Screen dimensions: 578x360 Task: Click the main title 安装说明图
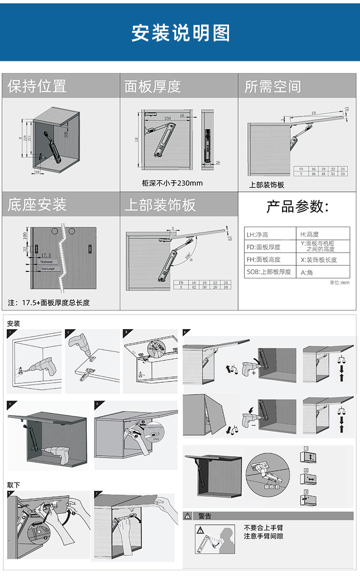(x=180, y=33)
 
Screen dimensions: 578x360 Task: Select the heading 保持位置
(x=37, y=86)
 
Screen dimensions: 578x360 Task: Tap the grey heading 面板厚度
(x=153, y=86)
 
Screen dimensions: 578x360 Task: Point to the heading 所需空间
(x=273, y=86)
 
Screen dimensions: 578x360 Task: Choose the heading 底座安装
(x=37, y=205)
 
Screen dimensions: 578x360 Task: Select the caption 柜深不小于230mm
(x=172, y=183)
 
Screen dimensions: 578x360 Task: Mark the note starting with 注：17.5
(x=49, y=303)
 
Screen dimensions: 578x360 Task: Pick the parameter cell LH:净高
(x=258, y=235)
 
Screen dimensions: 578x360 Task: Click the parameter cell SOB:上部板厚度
(x=269, y=271)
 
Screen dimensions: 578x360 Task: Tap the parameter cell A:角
(x=307, y=272)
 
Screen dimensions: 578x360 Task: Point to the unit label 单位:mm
(x=339, y=283)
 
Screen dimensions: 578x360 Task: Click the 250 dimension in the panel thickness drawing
(x=168, y=118)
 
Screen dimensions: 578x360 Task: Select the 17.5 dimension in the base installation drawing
(x=46, y=256)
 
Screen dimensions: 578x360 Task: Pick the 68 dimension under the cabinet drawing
(x=38, y=171)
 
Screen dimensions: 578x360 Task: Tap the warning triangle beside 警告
(x=188, y=516)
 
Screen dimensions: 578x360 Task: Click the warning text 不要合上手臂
(x=264, y=528)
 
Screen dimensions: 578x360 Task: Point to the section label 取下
(x=13, y=485)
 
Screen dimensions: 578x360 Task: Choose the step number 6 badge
(x=186, y=332)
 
